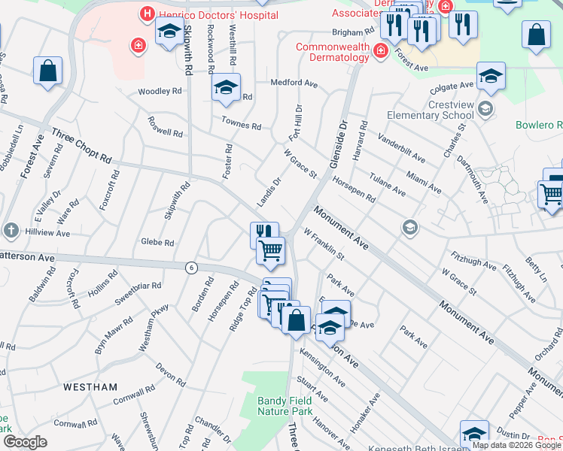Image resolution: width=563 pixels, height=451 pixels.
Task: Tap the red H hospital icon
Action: [x=146, y=14]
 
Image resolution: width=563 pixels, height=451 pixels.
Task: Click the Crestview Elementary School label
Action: [x=430, y=110]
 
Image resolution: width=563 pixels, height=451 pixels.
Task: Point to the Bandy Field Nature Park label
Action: [x=285, y=406]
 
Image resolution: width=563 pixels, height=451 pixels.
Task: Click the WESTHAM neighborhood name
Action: [x=90, y=387]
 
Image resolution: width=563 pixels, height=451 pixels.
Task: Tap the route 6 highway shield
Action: [x=191, y=267]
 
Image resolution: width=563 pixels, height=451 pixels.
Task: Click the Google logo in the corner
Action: [x=25, y=442]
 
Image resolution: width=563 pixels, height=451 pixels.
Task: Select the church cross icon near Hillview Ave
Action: [x=11, y=229]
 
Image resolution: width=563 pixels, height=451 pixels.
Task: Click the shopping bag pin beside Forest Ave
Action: [x=48, y=71]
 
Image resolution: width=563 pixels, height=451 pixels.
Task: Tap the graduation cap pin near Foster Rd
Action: [x=226, y=88]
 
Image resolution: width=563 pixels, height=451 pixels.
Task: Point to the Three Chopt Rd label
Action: [x=82, y=145]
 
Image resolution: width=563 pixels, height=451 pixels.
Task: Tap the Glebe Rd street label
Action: [x=157, y=243]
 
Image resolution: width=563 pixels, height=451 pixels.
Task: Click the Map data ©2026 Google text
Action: [x=516, y=445]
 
